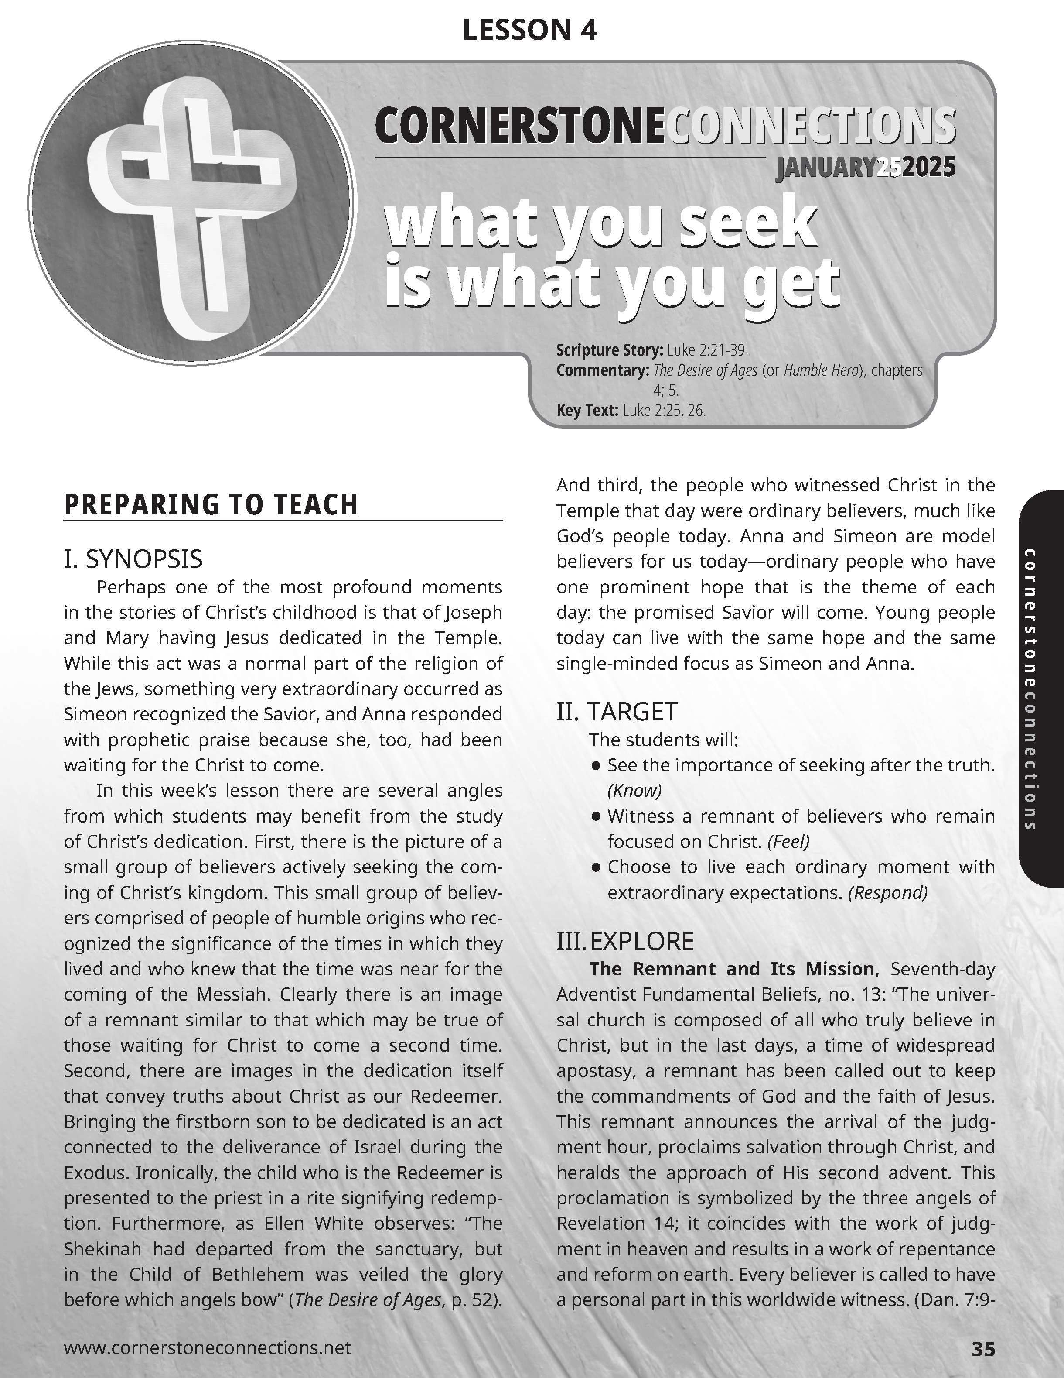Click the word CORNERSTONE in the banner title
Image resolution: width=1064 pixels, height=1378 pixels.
(x=519, y=126)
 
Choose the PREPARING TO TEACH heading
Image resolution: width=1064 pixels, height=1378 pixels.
(x=211, y=505)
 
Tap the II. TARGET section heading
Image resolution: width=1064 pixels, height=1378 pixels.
(x=617, y=712)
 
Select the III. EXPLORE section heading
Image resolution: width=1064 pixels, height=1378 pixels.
(x=625, y=941)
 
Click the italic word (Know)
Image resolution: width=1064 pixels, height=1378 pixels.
(x=634, y=791)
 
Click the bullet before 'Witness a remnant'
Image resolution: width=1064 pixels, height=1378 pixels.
(x=596, y=816)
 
